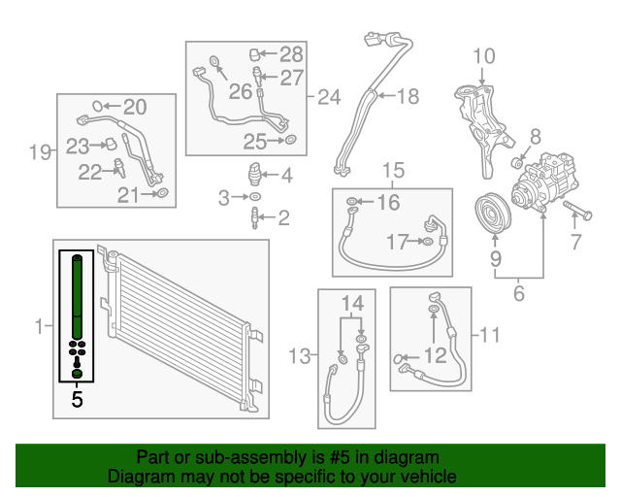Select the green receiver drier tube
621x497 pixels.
77,295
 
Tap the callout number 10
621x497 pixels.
483,56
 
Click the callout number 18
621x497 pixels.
408,95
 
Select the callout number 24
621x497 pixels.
330,97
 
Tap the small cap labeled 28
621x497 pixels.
257,53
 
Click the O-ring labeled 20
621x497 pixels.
97,106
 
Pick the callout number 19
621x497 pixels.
39,151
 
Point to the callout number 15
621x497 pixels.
392,171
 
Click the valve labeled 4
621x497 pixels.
255,178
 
